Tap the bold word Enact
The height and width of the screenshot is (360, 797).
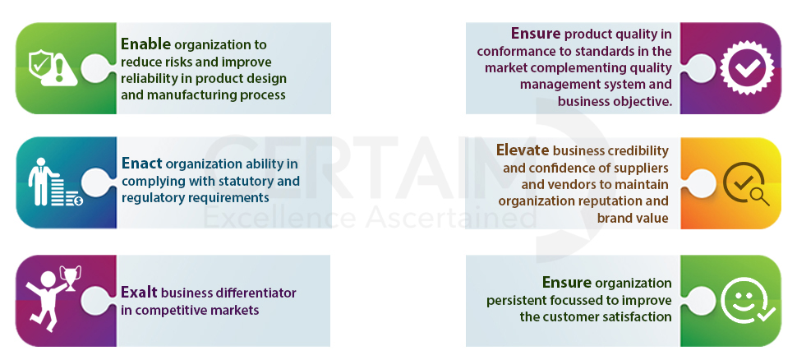click(142, 164)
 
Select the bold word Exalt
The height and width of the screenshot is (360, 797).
click(139, 293)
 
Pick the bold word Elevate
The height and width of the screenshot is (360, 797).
click(523, 150)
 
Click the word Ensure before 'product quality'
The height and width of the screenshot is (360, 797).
click(536, 34)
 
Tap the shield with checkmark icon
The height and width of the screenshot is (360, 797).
click(39, 65)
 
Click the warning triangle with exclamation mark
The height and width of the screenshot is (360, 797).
click(59, 72)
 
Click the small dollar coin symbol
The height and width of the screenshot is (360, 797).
click(78, 201)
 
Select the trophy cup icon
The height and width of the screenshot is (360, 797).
click(71, 278)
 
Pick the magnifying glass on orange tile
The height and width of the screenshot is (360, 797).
click(760, 196)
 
